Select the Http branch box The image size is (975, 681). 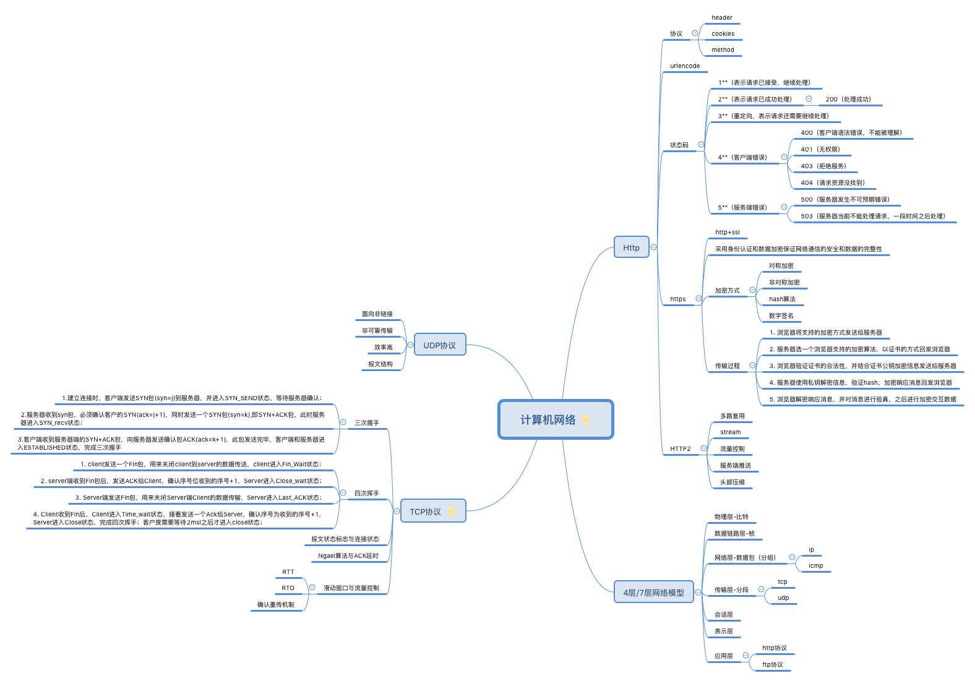pos(631,247)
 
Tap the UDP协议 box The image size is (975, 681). pos(439,345)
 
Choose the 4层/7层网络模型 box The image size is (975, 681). pos(653,593)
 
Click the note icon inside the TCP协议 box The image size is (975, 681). pos(451,511)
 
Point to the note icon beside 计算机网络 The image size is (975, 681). pos(586,419)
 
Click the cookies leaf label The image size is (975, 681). pos(723,34)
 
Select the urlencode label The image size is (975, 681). pos(685,66)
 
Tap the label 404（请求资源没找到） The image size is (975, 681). pos(833,183)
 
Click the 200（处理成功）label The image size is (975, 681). pos(848,100)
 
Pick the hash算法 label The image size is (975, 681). pos(782,299)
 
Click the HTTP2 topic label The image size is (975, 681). pos(680,449)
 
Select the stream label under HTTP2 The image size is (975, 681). pos(730,432)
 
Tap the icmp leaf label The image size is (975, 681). pos(816,566)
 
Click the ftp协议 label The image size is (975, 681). pos(773,665)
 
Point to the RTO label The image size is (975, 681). pos(288,588)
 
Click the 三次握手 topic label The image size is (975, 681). pos(366,423)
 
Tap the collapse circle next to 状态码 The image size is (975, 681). pos(701,145)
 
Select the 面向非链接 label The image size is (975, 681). pos(377,314)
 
